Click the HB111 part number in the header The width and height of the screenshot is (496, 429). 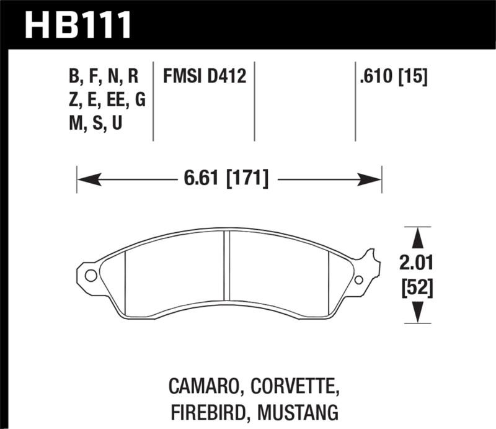coord(77,25)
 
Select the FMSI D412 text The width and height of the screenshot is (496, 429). coord(205,77)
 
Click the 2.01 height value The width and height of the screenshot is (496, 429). coord(415,266)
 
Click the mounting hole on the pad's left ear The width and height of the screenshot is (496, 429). coord(90,276)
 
